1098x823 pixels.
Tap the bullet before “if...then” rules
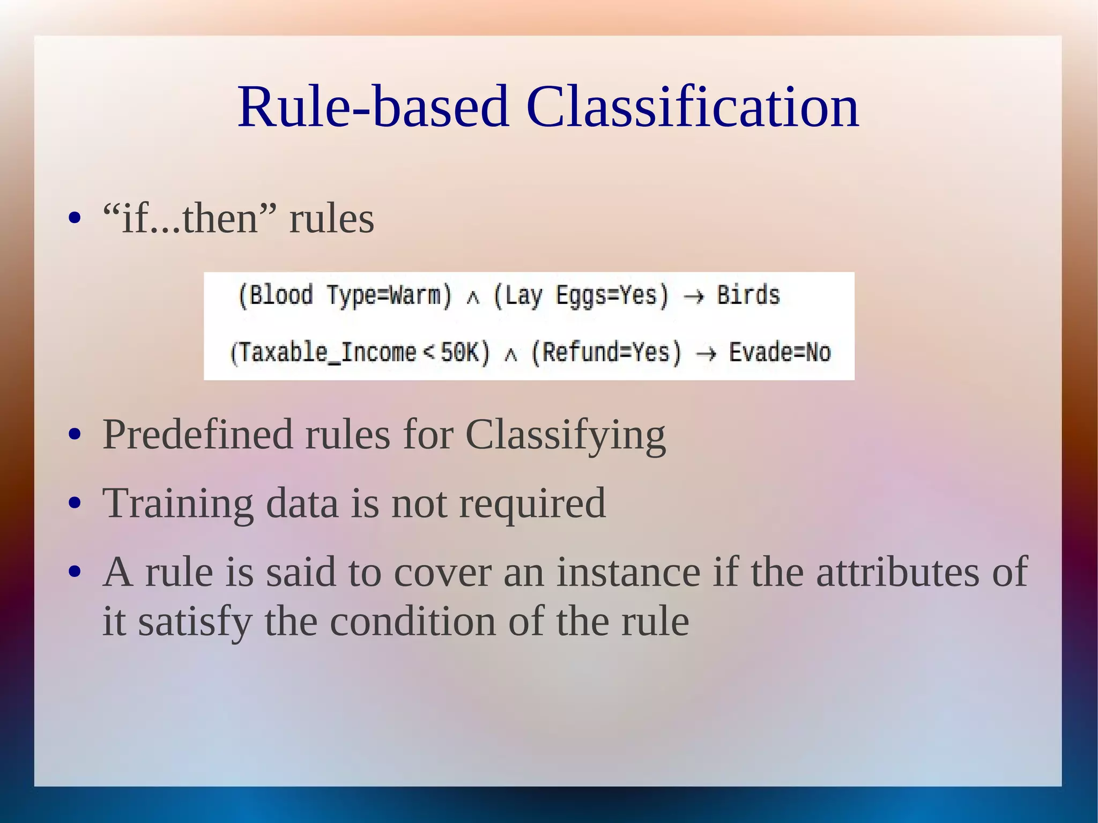click(x=75, y=219)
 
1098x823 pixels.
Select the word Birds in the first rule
click(x=748, y=295)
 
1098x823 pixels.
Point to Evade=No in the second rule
click(x=780, y=353)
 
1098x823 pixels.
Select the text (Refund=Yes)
click(x=606, y=353)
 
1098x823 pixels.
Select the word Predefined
click(x=197, y=434)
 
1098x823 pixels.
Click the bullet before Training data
click(x=75, y=504)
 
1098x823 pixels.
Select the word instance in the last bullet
click(x=628, y=573)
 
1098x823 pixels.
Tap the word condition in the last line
click(x=413, y=622)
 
